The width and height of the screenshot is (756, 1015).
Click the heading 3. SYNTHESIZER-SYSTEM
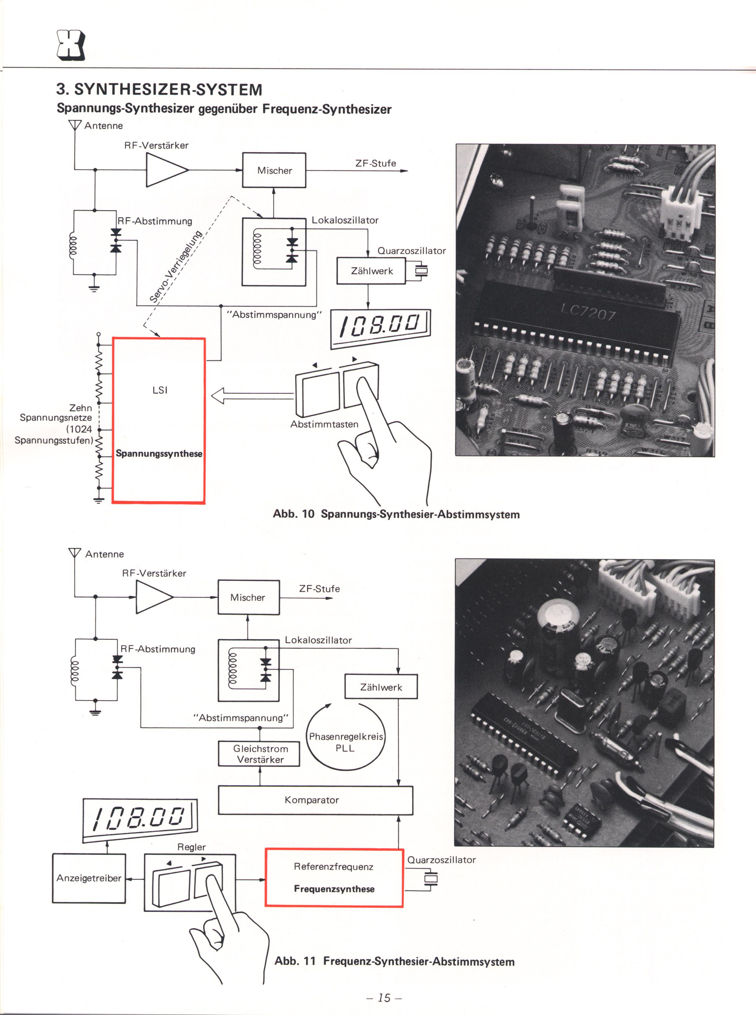click(159, 89)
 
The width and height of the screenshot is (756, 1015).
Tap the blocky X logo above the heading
click(70, 45)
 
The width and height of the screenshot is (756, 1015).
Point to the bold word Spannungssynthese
click(159, 454)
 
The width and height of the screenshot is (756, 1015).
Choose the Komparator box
click(315, 800)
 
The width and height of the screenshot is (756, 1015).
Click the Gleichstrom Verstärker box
click(259, 754)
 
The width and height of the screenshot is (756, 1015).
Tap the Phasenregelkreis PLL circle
click(308, 737)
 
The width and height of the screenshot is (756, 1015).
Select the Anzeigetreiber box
click(89, 878)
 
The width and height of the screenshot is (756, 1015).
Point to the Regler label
click(191, 847)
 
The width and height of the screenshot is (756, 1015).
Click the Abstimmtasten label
click(324, 424)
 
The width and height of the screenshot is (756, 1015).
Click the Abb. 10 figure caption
click(396, 514)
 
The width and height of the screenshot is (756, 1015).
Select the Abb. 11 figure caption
click(394, 961)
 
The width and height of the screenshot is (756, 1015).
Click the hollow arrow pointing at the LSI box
click(252, 395)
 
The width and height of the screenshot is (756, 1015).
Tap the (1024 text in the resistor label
click(79, 429)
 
